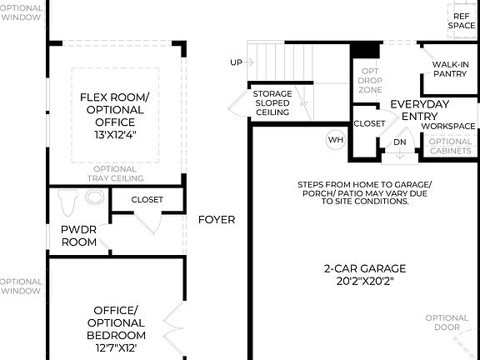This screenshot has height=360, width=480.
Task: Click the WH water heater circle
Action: pos(335,139)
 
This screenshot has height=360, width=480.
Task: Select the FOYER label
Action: pos(216,220)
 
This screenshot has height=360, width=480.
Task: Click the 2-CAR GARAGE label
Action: pos(365,268)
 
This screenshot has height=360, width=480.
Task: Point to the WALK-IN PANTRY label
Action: pos(449,69)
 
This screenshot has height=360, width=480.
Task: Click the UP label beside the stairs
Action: pos(237,62)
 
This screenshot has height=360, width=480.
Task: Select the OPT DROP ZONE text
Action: pos(369,77)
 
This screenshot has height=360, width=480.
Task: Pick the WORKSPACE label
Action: pos(448,126)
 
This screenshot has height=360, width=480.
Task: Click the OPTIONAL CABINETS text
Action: pos(450,146)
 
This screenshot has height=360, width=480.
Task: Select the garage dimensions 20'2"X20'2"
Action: pos(365,281)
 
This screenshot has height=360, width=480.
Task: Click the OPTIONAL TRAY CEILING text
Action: pos(115,172)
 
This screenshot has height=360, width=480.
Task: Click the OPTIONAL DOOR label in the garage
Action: pos(447,322)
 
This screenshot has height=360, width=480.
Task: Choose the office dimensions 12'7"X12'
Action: pos(115,347)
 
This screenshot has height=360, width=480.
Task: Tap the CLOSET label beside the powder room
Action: pos(147,199)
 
